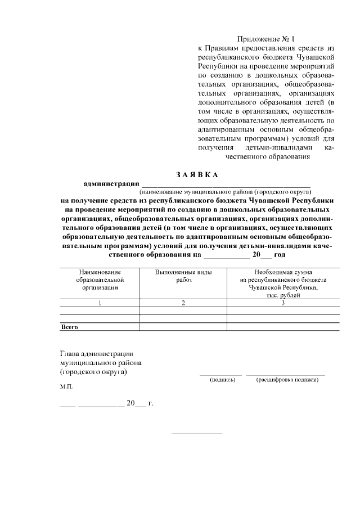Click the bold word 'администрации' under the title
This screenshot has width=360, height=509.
click(x=111, y=183)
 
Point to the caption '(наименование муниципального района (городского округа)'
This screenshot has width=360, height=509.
click(x=226, y=191)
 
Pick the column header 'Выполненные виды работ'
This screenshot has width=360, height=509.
click(x=183, y=276)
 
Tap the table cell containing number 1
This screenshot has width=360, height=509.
click(x=99, y=303)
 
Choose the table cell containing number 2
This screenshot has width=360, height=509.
click(x=183, y=303)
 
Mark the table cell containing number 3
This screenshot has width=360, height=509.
click(x=283, y=303)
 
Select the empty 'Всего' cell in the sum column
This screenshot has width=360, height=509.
click(x=283, y=327)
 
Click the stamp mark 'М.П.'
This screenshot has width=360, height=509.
click(x=66, y=388)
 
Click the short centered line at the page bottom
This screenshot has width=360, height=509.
click(x=197, y=433)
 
